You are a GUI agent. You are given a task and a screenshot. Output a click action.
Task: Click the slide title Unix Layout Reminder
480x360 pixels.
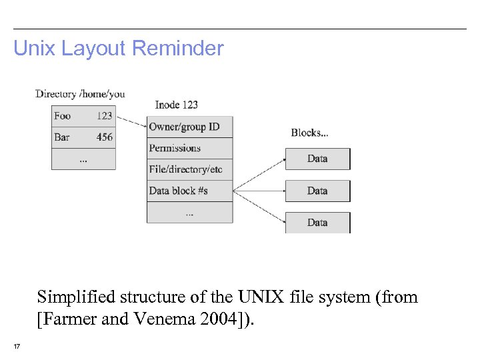pos(119,49)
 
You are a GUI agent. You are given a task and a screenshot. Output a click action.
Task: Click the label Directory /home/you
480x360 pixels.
pos(80,94)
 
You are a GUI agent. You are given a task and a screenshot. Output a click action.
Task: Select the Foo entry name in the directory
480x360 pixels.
pos(62,116)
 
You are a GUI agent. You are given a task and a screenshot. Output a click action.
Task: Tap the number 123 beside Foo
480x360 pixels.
pos(104,116)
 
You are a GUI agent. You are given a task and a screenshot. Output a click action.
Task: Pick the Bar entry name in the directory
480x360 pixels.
pos(61,137)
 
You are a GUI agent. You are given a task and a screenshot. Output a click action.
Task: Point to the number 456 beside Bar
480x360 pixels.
pos(104,137)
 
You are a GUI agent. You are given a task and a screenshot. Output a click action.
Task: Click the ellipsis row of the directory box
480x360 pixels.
pos(83,159)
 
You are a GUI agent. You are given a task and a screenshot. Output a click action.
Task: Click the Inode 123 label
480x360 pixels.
pos(176,105)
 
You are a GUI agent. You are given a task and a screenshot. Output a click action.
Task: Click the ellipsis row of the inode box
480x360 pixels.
pos(190,213)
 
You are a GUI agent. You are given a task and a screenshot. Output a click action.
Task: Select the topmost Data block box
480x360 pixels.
pos(317,159)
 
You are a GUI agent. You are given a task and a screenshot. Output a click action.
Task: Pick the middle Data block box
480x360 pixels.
pos(317,191)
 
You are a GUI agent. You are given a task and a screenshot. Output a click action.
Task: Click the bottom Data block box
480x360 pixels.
pos(317,223)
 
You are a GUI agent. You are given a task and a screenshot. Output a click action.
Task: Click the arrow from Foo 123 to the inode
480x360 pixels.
pos(131,121)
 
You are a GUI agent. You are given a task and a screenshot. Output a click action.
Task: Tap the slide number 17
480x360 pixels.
pos(17,346)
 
